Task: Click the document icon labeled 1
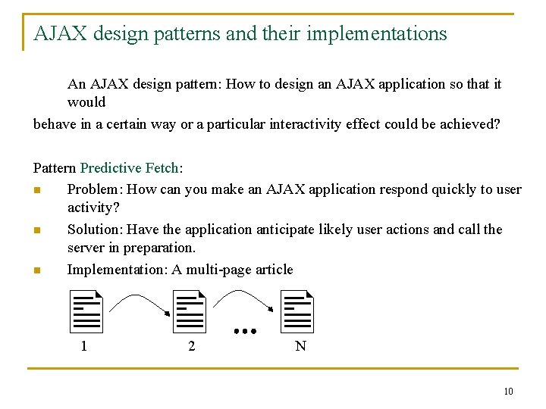86,311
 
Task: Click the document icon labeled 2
190,311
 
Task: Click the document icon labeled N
297,311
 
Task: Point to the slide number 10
507,391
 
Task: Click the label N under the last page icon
300,347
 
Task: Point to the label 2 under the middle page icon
191,347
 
